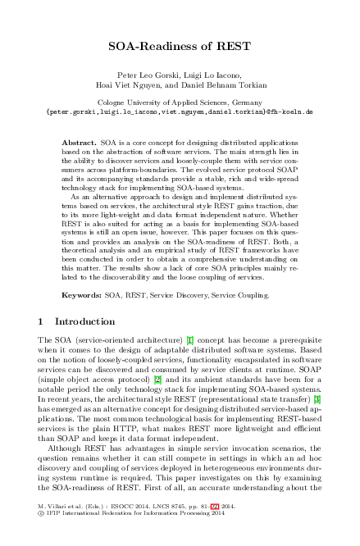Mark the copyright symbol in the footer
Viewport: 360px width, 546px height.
click(41, 538)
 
